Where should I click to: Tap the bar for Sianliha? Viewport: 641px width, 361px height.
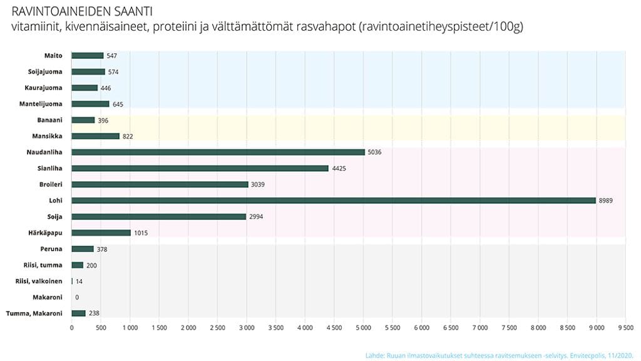pyautogui.click(x=200, y=168)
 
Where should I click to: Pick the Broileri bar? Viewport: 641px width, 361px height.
pyautogui.click(x=160, y=184)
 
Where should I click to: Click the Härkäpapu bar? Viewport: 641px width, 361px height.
pyautogui.click(x=101, y=233)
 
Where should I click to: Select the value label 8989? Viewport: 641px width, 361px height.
pyautogui.click(x=605, y=201)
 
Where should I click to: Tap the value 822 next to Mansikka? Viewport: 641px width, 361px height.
pyautogui.click(x=128, y=136)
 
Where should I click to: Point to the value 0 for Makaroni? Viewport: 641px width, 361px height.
pyautogui.click(x=77, y=298)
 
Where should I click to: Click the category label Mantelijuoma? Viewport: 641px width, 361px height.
pyautogui.click(x=45, y=104)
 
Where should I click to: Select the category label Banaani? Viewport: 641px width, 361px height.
pyautogui.click(x=49, y=120)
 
